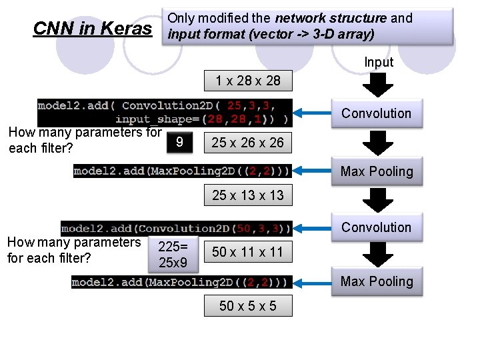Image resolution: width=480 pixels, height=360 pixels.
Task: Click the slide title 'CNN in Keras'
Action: tap(92, 28)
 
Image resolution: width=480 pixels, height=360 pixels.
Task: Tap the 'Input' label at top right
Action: tap(379, 62)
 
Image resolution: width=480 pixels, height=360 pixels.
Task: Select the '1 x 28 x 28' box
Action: tap(248, 81)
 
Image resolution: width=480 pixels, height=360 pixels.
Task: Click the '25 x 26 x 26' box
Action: tap(247, 142)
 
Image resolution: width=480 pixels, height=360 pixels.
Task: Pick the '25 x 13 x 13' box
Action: tap(247, 195)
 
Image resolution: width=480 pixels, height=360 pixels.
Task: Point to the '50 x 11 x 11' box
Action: tap(247, 252)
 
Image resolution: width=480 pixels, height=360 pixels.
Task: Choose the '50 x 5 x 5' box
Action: tap(247, 306)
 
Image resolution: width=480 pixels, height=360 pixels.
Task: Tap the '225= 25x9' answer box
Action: tap(173, 254)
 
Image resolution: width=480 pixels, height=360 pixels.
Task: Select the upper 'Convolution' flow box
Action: tap(377, 113)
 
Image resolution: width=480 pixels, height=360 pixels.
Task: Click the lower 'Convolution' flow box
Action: tap(377, 227)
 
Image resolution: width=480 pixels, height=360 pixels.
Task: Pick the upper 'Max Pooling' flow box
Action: tap(377, 171)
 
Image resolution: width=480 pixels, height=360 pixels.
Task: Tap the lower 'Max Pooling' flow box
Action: tap(377, 281)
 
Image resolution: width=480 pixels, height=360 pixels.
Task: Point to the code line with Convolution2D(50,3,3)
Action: tap(176, 229)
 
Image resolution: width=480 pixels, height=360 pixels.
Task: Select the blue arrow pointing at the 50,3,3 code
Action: tap(313, 228)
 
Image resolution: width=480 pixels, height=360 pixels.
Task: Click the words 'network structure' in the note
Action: tap(331, 18)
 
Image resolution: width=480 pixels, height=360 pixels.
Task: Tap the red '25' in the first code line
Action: tap(235, 105)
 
